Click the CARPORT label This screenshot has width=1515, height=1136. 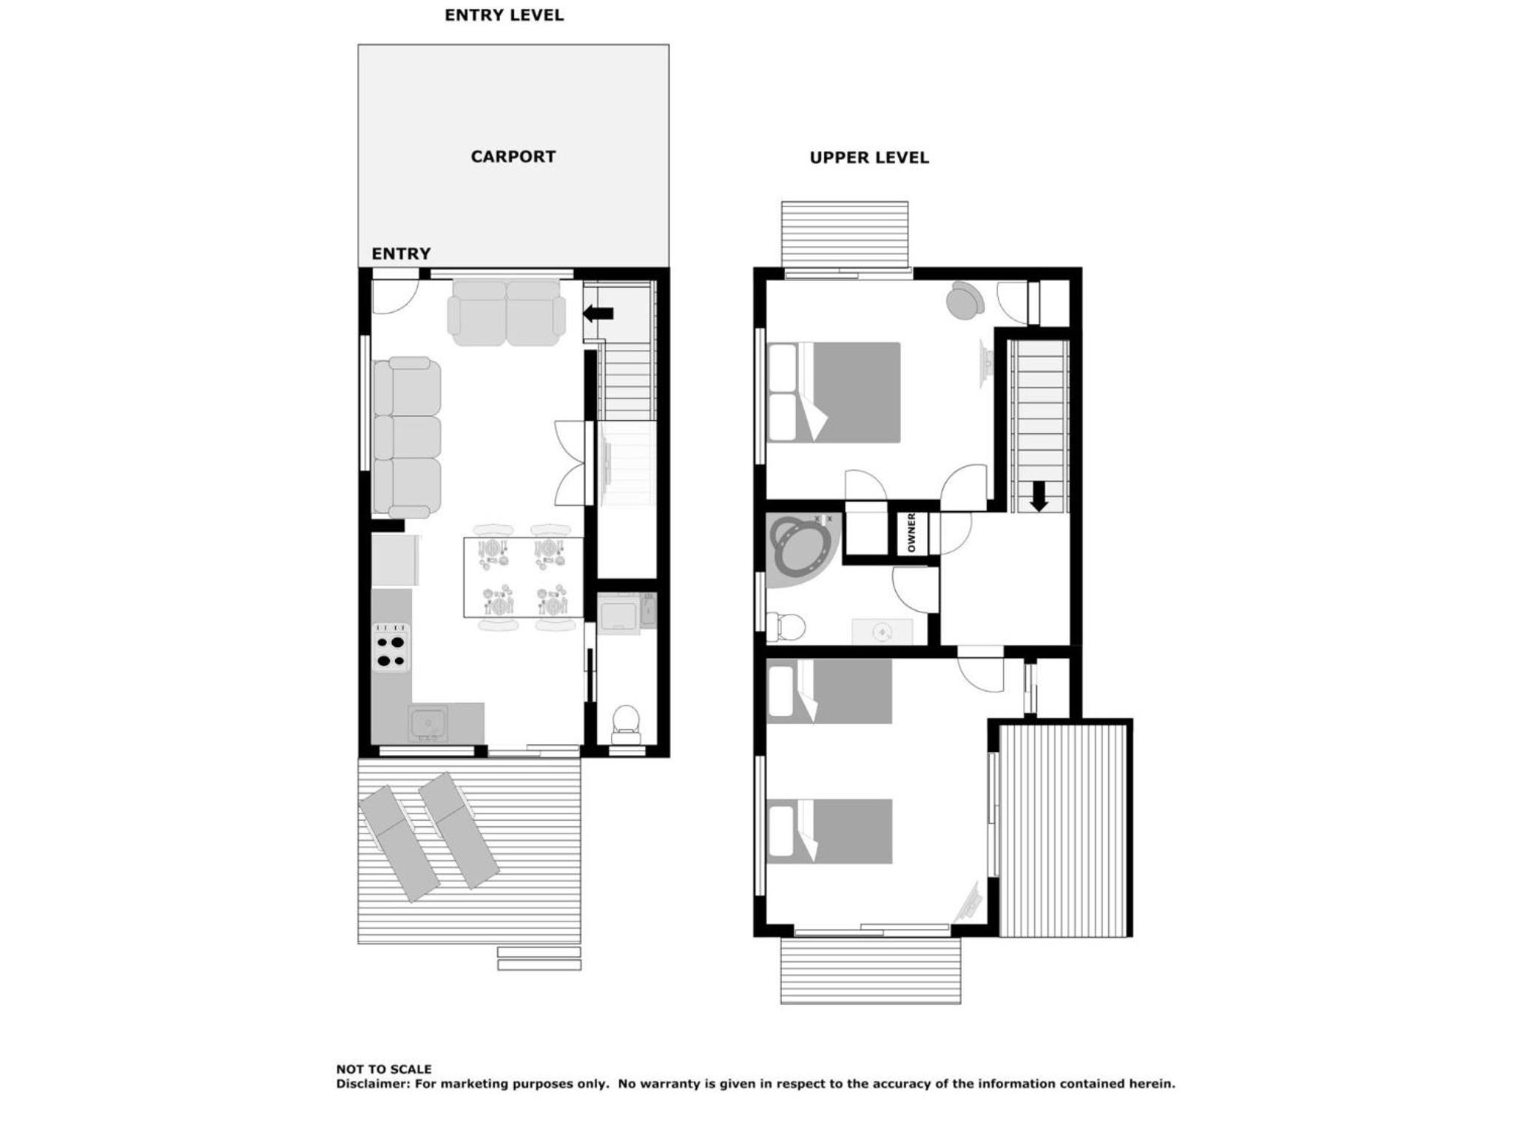tap(513, 157)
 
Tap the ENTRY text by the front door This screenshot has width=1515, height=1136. tap(401, 254)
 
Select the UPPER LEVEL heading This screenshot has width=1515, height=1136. tap(869, 158)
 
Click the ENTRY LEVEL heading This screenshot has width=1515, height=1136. tap(504, 15)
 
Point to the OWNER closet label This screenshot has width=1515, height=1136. tap(911, 532)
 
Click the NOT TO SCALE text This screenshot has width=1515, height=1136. tap(384, 1069)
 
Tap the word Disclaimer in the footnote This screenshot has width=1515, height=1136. tap(371, 1084)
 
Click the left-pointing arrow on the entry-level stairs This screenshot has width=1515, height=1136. tap(598, 314)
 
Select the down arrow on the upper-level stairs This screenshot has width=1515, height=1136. tap(1039, 496)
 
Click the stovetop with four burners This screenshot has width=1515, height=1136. tap(391, 648)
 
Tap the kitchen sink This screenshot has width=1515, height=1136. tap(428, 723)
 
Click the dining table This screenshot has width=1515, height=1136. tap(524, 577)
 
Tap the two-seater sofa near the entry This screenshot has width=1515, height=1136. tap(506, 312)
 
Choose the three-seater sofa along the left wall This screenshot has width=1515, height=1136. tap(407, 437)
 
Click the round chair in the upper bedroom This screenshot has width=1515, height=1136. tap(965, 300)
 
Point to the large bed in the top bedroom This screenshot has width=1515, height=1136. tap(834, 392)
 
